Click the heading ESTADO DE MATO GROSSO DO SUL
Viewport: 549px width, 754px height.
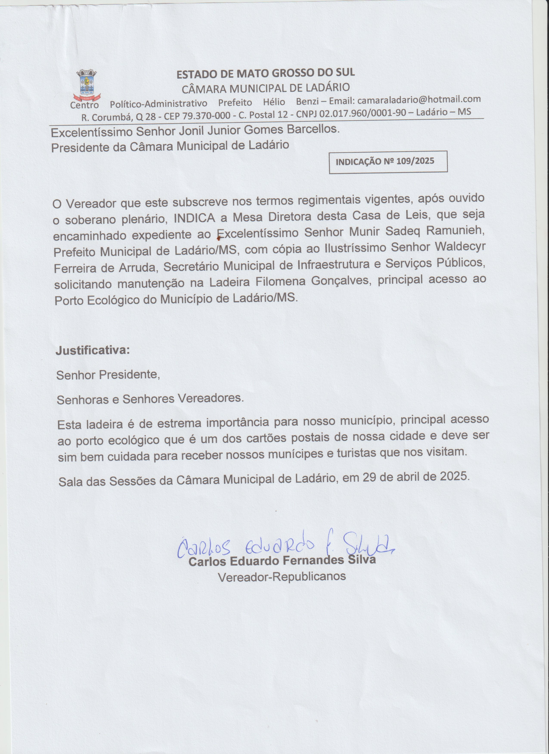pos(265,73)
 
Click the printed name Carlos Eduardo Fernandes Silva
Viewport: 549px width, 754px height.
pos(282,560)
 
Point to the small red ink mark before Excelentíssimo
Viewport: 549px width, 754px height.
pos(218,237)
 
